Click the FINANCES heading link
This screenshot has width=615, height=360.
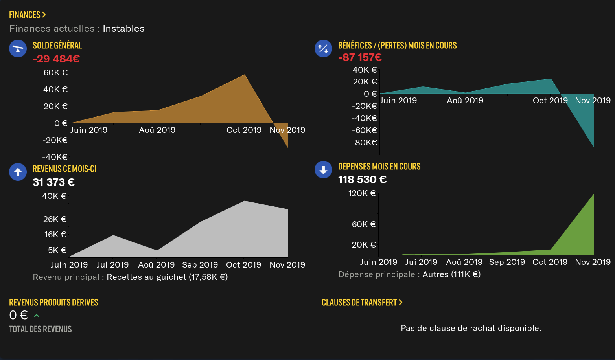[27, 15]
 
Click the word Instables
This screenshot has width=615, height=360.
[123, 29]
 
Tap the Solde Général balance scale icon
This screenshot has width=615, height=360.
[18, 49]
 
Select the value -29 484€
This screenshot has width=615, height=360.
[56, 59]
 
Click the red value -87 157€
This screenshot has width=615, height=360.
[360, 57]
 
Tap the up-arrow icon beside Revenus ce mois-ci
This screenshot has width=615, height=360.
[18, 172]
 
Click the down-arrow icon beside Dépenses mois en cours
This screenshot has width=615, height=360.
[323, 170]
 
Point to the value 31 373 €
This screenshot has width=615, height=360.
[53, 182]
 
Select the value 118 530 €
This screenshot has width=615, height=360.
[362, 180]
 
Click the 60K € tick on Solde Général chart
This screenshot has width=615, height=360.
[55, 73]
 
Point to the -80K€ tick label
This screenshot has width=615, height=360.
[364, 143]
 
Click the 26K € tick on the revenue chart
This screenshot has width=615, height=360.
[55, 219]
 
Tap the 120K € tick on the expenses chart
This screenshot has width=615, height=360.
[362, 193]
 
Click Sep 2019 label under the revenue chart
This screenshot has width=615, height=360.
[200, 265]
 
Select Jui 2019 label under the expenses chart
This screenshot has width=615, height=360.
[421, 262]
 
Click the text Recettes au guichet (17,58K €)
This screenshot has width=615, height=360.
[167, 277]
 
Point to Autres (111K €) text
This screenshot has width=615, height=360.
[451, 274]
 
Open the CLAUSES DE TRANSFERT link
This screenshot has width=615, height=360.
[362, 303]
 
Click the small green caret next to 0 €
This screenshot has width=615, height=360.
[37, 316]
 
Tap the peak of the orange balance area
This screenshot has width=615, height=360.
[245, 75]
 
